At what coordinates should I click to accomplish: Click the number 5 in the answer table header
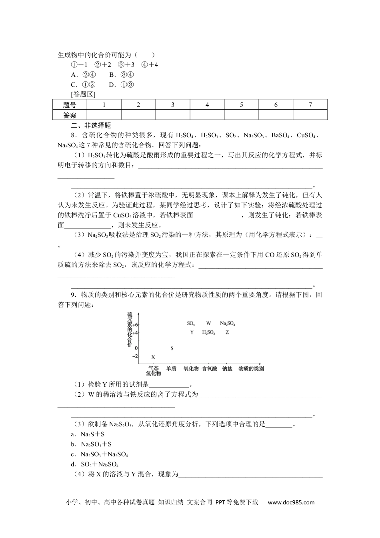tap(242, 105)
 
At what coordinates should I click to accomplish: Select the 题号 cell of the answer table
tap(70, 105)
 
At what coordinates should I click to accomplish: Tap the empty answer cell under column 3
tap(173, 115)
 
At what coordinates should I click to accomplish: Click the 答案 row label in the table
tap(70, 115)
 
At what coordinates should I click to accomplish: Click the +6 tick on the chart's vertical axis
tap(135, 325)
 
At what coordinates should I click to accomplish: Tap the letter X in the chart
tap(153, 357)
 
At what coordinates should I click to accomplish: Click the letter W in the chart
tap(208, 323)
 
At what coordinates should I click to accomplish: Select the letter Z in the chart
tap(227, 333)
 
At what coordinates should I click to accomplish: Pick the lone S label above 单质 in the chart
tap(172, 348)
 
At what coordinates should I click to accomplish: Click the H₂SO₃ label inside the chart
tap(208, 333)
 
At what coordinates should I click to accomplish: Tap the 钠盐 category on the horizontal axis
tap(227, 369)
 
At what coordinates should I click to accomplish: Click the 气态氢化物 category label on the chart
tap(153, 371)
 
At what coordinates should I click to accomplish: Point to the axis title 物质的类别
tap(251, 369)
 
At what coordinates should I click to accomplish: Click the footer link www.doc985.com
tap(291, 503)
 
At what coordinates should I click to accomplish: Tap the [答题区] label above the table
tap(83, 94)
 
